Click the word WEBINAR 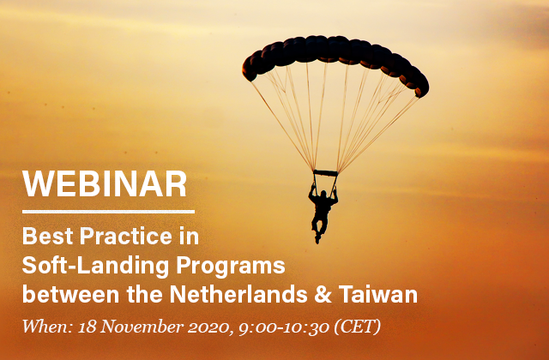[x=105, y=184]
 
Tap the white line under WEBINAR [x=108, y=212]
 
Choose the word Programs [x=231, y=267]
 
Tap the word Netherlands [x=238, y=295]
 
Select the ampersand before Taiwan [x=323, y=295]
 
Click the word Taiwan [x=377, y=295]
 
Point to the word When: [x=47, y=327]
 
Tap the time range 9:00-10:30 [x=284, y=327]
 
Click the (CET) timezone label [x=358, y=327]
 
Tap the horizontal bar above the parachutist [x=326, y=173]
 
